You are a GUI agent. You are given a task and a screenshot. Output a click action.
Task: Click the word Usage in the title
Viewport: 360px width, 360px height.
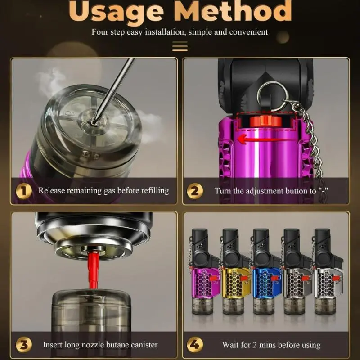tap(116, 12)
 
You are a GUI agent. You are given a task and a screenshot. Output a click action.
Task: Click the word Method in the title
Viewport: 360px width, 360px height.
tap(233, 11)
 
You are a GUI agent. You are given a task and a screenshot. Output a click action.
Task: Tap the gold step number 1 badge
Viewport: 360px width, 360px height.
tap(24, 191)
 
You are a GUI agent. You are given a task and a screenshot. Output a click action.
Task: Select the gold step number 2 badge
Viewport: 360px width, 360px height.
tap(195, 191)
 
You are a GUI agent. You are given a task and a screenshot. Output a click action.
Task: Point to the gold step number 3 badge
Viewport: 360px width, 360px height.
tap(24, 345)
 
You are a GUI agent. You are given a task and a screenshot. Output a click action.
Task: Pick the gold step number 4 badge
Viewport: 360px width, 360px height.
tap(195, 345)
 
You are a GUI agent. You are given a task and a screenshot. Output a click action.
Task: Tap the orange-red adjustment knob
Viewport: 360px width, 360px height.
tap(265, 121)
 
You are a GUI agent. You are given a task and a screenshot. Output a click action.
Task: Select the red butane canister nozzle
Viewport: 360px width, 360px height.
tap(93, 270)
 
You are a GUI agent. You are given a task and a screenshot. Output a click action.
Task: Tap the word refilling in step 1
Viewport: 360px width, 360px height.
tap(155, 191)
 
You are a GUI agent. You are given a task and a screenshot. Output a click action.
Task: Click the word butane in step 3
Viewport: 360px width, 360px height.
tap(115, 345)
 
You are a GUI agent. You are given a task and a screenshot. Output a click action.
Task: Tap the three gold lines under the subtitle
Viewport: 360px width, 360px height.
tap(180, 46)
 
